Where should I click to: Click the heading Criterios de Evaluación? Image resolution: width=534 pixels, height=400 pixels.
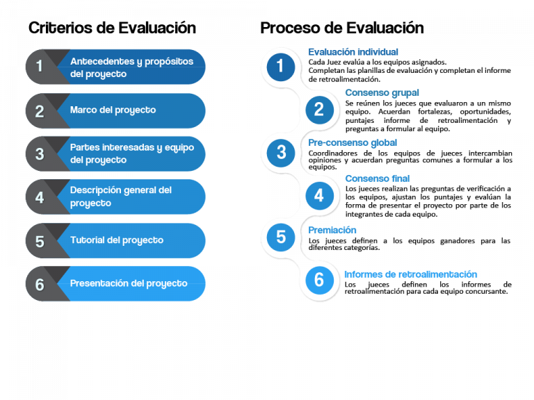(112, 28)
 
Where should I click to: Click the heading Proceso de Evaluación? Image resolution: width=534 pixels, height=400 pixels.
(341, 28)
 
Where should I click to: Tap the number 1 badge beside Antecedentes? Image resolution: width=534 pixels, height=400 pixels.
(40, 67)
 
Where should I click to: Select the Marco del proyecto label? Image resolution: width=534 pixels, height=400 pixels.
(113, 110)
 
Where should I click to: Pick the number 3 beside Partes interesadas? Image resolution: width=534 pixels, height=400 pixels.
(40, 154)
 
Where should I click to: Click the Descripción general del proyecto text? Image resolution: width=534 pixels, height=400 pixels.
(120, 197)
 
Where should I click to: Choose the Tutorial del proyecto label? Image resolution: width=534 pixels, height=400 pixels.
(116, 240)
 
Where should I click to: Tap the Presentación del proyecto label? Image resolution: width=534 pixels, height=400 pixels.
(129, 283)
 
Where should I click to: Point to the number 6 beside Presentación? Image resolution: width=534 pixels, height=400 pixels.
(40, 284)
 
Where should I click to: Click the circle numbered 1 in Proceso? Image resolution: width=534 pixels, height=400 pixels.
(280, 67)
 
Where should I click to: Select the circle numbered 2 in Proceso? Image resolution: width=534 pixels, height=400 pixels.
(318, 109)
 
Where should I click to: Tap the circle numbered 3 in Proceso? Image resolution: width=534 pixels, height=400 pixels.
(281, 152)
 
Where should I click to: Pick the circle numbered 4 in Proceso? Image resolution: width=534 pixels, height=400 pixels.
(318, 195)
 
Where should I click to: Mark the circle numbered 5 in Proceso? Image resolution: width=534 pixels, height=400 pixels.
(281, 237)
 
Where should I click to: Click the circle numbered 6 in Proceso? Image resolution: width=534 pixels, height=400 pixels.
(318, 279)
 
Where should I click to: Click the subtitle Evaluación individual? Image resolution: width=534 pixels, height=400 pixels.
(353, 52)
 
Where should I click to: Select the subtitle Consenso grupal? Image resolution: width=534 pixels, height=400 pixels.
(382, 92)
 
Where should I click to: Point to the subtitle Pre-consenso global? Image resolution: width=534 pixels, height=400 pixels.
(353, 142)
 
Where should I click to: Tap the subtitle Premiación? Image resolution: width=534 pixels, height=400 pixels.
(332, 230)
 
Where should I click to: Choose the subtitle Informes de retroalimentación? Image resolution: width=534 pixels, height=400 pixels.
(410, 274)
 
